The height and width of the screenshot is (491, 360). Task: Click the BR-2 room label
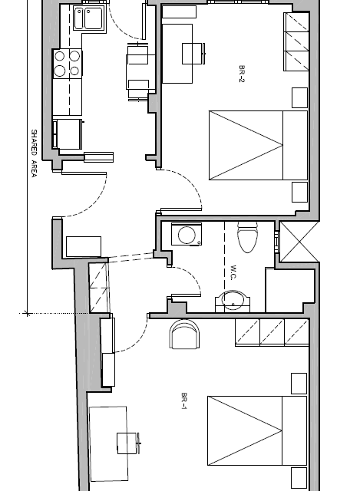pyautogui.click(x=241, y=74)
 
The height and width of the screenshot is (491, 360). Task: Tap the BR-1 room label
pyautogui.click(x=184, y=400)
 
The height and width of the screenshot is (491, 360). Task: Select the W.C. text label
pyautogui.click(x=233, y=272)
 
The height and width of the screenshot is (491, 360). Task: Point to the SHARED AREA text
pyautogui.click(x=34, y=153)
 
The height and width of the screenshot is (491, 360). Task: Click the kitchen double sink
pyautogui.click(x=89, y=18)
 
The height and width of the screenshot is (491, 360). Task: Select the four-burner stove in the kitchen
pyautogui.click(x=68, y=64)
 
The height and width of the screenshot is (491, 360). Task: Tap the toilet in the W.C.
pyautogui.click(x=247, y=237)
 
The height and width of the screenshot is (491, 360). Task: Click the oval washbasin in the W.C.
pyautogui.click(x=233, y=302)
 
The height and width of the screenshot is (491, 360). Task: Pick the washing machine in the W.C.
pyautogui.click(x=187, y=234)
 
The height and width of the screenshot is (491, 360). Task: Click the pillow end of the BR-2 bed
pyautogui.click(x=296, y=145)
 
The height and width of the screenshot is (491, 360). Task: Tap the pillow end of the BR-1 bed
pyautogui.click(x=294, y=431)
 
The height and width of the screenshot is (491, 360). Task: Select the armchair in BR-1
pyautogui.click(x=184, y=334)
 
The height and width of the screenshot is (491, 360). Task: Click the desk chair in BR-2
pyautogui.click(x=193, y=54)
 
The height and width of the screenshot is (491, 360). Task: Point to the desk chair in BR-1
pyautogui.click(x=128, y=443)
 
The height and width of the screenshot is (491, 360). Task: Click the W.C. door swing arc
pyautogui.click(x=192, y=275)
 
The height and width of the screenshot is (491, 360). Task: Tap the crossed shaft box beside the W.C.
pyautogui.click(x=299, y=242)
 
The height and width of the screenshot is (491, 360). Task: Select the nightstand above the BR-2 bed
pyautogui.click(x=300, y=98)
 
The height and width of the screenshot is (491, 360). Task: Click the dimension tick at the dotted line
pyautogui.click(x=28, y=313)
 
